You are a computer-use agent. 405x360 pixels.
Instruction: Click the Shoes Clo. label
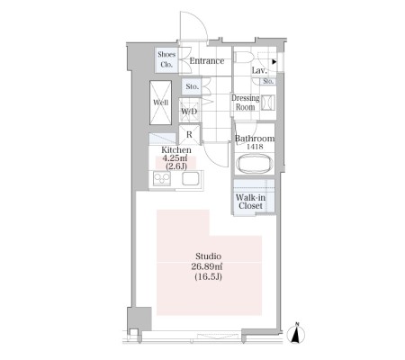[166, 59]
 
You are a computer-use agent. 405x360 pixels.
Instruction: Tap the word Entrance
[207, 61]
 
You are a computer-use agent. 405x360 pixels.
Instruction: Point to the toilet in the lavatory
[243, 58]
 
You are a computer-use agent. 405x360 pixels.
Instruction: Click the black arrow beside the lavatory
[274, 62]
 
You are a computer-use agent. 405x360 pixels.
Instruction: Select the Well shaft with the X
[160, 103]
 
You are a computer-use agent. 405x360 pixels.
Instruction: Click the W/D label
[189, 112]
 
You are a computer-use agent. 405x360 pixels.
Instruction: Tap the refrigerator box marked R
[189, 134]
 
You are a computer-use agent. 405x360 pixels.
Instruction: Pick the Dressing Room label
[245, 103]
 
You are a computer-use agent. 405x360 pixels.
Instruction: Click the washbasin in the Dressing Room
[268, 103]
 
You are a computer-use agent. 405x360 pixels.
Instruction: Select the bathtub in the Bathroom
[255, 164]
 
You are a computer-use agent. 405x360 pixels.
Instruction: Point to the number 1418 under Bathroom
[255, 147]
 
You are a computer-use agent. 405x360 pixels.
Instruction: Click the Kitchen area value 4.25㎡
[175, 158]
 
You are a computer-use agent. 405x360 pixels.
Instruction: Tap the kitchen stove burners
[162, 179]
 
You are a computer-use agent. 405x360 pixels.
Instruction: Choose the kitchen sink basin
[190, 179]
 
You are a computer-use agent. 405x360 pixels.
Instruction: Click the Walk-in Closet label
[250, 202]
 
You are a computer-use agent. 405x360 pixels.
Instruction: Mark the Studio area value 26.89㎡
[207, 266]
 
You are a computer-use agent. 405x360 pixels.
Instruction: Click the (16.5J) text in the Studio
[208, 276]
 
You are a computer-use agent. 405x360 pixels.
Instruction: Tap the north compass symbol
[296, 334]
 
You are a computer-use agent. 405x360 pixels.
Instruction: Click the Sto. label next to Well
[192, 86]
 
